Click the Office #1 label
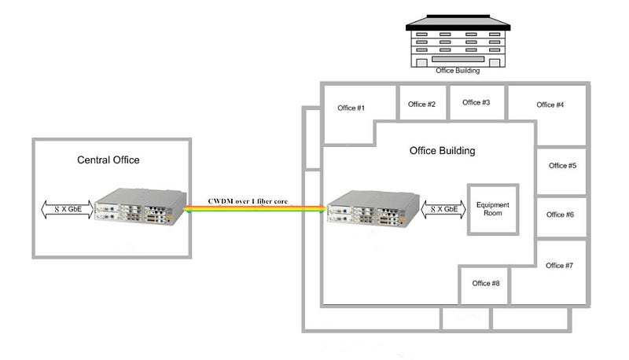pos(351,108)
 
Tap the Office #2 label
pos(421,105)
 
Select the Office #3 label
pos(476,102)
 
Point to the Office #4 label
pos(550,105)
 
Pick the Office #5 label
pos(562,166)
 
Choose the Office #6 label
pos(560,215)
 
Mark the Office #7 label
pos(559,266)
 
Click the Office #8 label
pos(486,283)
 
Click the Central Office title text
pos(109,160)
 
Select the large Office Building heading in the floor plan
pos(443,151)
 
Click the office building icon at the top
pos(458,41)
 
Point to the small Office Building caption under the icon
pos(458,71)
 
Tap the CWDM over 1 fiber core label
pos(248,201)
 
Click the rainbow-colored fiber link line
pos(254,208)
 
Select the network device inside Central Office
pos(141,207)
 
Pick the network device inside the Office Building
pos(373,208)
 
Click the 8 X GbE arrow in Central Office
pos(68,209)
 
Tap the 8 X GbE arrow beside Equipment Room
pos(443,209)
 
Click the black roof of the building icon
pos(458,23)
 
